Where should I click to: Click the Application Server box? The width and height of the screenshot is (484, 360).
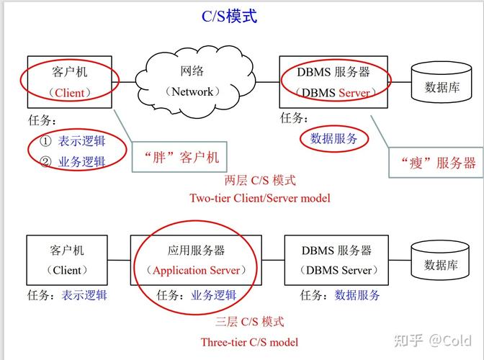tap(196, 260)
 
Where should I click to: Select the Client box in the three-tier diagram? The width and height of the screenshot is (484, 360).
tap(67, 260)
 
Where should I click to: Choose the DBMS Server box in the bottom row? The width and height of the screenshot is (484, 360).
tap(336, 260)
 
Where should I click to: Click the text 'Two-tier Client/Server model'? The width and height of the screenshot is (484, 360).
tap(260, 197)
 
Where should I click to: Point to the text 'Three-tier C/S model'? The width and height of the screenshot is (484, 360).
tap(249, 342)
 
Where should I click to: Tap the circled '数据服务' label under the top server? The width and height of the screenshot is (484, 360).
tap(333, 139)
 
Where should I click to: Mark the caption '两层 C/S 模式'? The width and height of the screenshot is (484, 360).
tap(260, 180)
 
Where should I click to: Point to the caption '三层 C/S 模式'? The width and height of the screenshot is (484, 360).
tap(249, 322)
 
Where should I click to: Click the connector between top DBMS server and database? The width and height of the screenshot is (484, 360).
tap(400, 82)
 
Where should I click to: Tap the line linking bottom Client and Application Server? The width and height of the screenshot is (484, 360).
tap(119, 260)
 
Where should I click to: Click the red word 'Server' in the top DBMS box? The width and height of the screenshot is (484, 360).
tap(354, 93)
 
